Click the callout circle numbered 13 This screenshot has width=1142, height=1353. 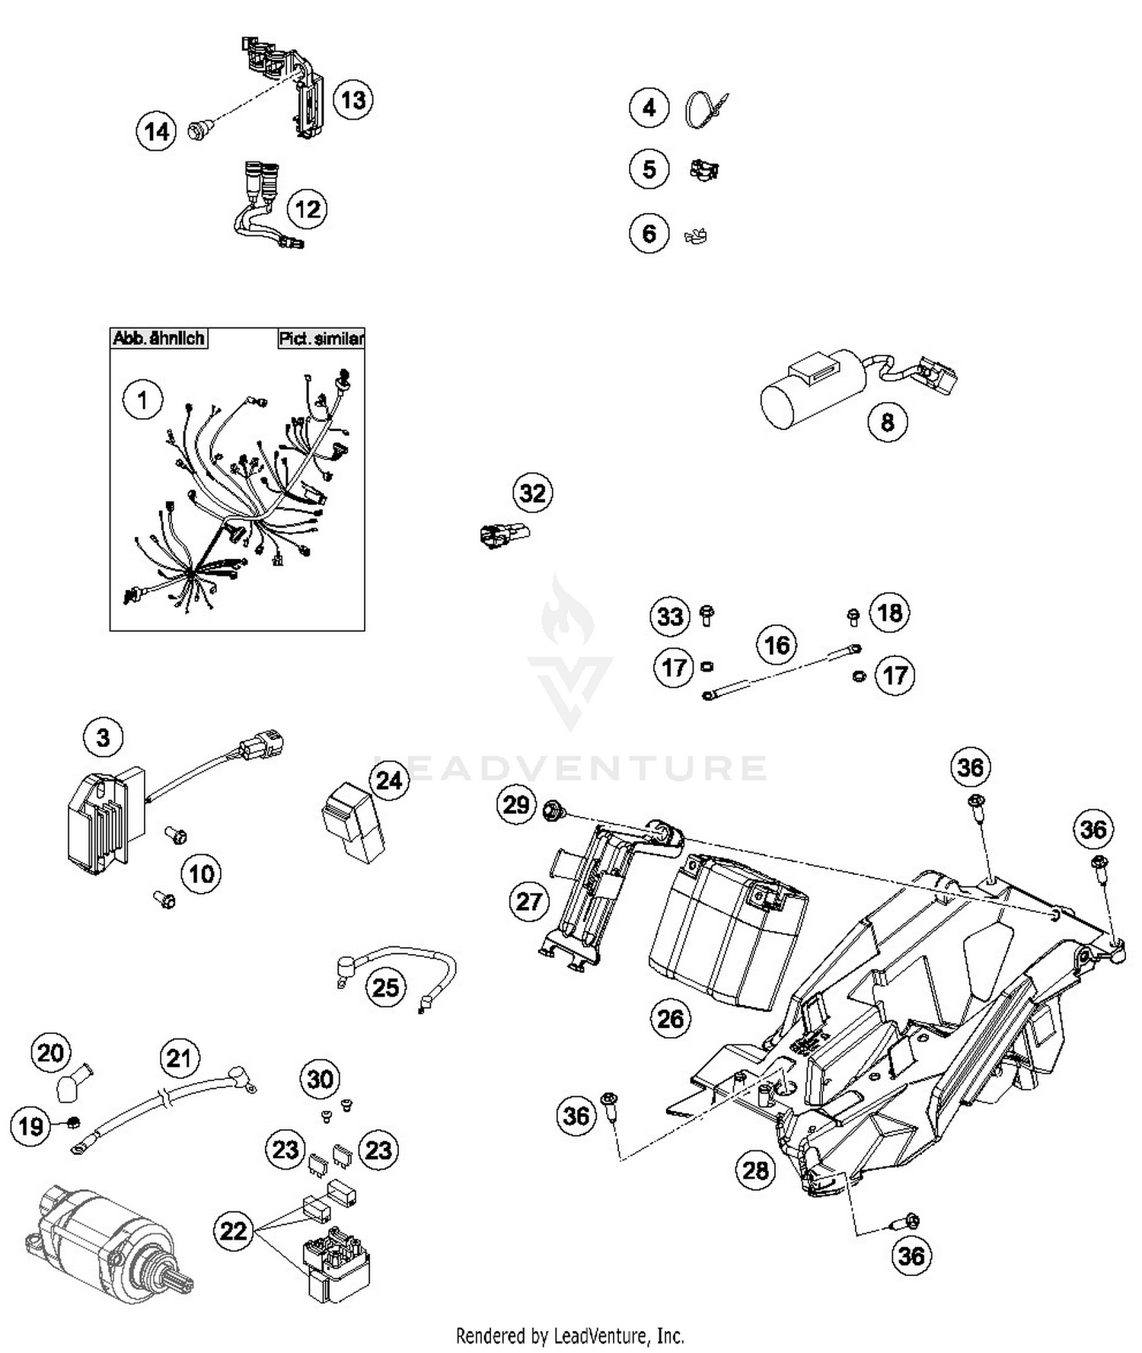tap(352, 100)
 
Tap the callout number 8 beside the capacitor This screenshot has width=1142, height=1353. tap(887, 421)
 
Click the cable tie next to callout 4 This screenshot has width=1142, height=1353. tap(704, 109)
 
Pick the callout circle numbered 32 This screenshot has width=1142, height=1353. tap(532, 493)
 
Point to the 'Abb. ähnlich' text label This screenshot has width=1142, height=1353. tap(158, 338)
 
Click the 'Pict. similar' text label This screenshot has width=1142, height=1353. tap(321, 338)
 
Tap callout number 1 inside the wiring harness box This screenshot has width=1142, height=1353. tap(142, 399)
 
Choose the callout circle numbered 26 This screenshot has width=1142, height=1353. tap(670, 1018)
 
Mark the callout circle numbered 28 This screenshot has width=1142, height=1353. tap(755, 1170)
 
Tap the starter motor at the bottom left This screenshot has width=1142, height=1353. tap(107, 1240)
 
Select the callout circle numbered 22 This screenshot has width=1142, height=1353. tap(233, 1230)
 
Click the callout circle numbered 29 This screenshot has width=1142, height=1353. tap(516, 804)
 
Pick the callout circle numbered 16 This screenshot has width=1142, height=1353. tap(776, 645)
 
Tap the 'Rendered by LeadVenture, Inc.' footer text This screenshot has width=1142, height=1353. tap(569, 1335)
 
